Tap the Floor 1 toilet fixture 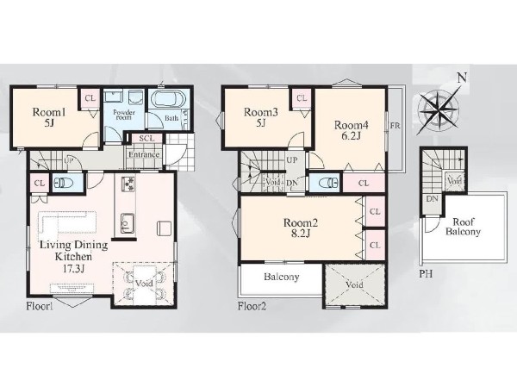click(61, 183)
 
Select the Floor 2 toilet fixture click(328, 183)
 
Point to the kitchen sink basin click(128, 223)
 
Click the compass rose click(439, 109)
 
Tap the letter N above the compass click(462, 78)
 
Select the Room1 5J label click(49, 118)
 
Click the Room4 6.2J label click(352, 130)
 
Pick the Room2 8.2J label click(301, 228)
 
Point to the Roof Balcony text click(463, 227)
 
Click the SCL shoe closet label click(146, 138)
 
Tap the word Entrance click(144, 154)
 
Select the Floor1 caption click(40, 307)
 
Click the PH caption click(426, 273)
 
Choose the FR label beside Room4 click(395, 126)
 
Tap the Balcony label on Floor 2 click(281, 277)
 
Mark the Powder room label click(124, 115)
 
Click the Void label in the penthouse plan click(455, 180)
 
